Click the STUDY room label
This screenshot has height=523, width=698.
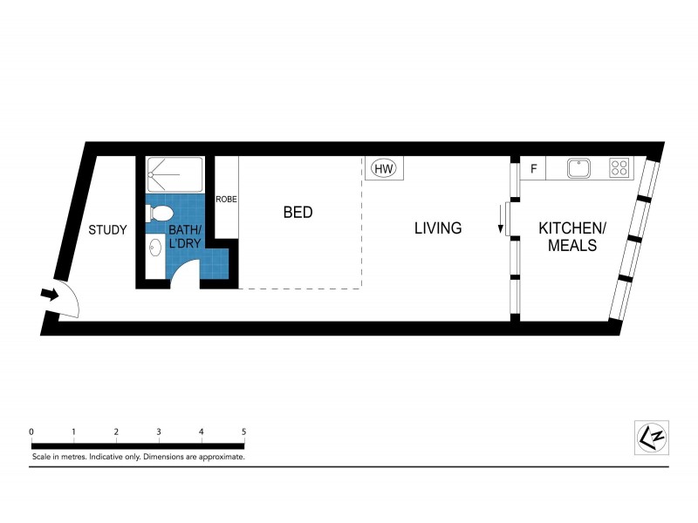[x=108, y=230]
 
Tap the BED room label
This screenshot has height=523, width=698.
[x=298, y=212]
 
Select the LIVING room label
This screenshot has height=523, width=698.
[x=437, y=228]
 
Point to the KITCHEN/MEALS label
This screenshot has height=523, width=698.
[x=571, y=236]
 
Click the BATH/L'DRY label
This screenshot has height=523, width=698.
[x=185, y=237]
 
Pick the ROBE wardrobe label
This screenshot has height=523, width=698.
[x=227, y=199]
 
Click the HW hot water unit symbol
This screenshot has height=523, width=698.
[x=384, y=168]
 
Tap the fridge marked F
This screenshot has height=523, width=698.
[x=532, y=168]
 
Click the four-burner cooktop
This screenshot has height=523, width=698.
[x=619, y=167]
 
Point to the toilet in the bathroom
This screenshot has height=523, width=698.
[x=160, y=213]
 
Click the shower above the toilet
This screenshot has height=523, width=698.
[x=174, y=174]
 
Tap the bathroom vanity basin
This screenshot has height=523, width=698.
[x=155, y=248]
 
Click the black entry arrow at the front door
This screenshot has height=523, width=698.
[x=51, y=295]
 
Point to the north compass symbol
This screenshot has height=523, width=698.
[x=649, y=436]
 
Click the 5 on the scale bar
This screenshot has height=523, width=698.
[x=243, y=431]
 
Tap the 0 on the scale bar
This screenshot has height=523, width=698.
[x=31, y=431]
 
